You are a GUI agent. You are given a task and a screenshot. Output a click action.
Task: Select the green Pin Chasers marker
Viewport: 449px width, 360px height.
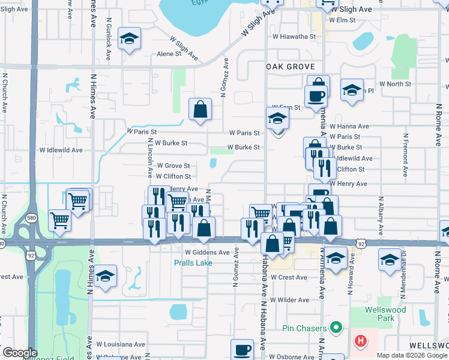coord(336,328)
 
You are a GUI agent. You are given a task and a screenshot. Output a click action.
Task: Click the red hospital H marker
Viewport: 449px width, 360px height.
coord(360,341)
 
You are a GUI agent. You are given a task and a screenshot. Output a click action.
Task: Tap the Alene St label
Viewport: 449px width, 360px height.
coord(169,54)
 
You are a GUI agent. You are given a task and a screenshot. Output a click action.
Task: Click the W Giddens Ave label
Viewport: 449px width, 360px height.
coord(207,253)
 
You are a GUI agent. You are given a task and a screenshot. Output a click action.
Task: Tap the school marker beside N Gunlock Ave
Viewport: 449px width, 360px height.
coord(128,40)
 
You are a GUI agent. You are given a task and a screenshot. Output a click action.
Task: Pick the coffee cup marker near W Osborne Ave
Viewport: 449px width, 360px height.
coord(243,350)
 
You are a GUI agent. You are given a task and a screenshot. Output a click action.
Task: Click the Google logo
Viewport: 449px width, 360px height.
coord(19,353)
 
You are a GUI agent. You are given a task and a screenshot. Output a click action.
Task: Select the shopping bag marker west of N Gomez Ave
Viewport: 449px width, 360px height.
coord(200,110)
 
